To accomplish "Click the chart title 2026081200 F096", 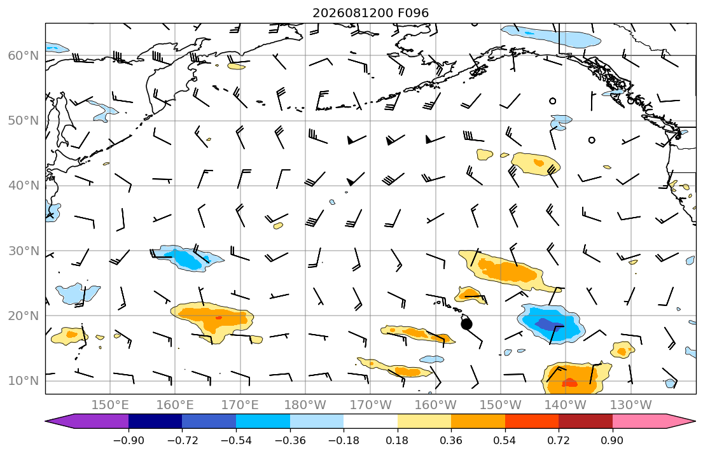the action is (370, 13).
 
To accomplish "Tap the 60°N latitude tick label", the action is (24, 55).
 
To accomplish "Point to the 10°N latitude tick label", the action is (24, 381).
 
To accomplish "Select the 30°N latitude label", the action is (24, 251).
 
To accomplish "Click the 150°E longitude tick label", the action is (110, 405).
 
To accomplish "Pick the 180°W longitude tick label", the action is (305, 405).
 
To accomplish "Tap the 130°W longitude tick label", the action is (631, 405).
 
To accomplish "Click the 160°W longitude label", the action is (435, 405).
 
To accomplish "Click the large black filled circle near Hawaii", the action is (467, 324).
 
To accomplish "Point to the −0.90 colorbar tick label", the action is (129, 440).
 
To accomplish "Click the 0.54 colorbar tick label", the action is (505, 440).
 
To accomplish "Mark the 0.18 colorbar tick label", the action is (397, 440).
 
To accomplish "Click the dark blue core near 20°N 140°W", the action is (550, 324).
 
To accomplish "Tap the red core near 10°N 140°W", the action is (569, 382).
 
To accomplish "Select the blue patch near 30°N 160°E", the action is (186, 258).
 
